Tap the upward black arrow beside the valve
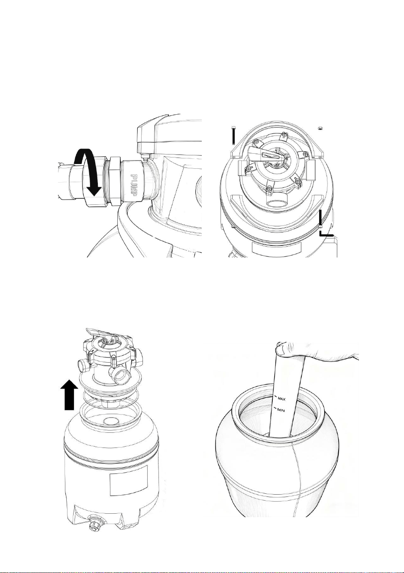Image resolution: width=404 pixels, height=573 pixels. [69, 395]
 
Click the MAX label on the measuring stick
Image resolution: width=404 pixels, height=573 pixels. [281, 399]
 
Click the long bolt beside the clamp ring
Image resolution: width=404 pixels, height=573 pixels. [233, 135]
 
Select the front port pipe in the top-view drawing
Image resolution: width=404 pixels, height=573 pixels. [275, 200]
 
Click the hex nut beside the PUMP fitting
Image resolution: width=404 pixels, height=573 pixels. [115, 181]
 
